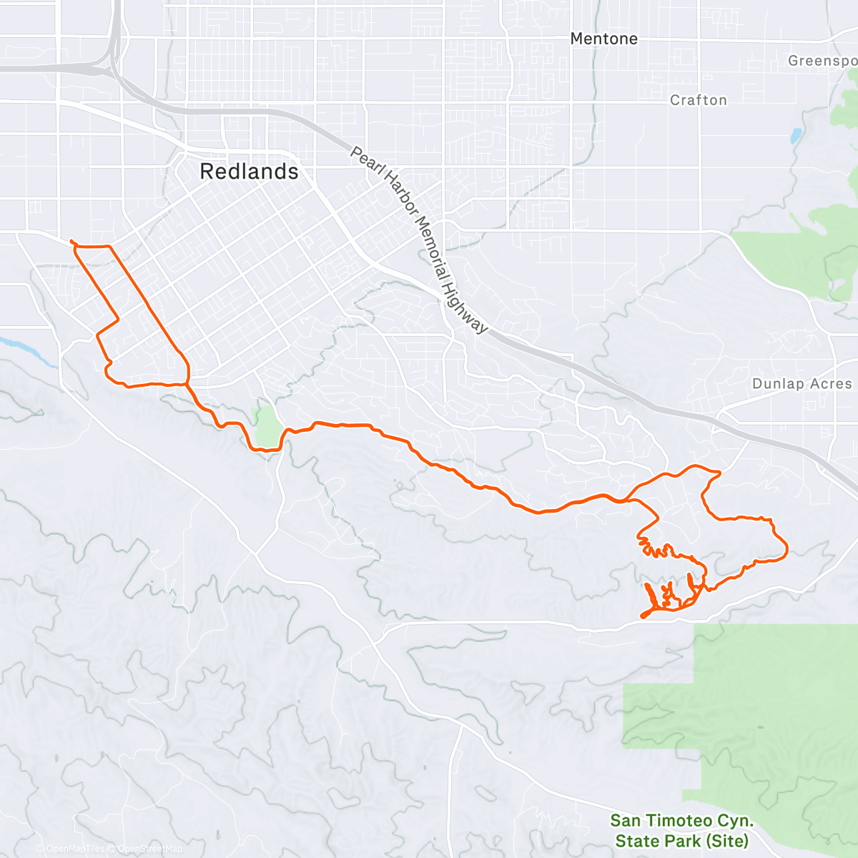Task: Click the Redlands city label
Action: pos(249,172)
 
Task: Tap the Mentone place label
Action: pos(603,39)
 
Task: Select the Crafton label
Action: pos(698,100)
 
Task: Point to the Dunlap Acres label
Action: pos(802,384)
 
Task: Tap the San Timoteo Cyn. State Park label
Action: pos(681,830)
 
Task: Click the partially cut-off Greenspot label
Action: pos(822,61)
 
